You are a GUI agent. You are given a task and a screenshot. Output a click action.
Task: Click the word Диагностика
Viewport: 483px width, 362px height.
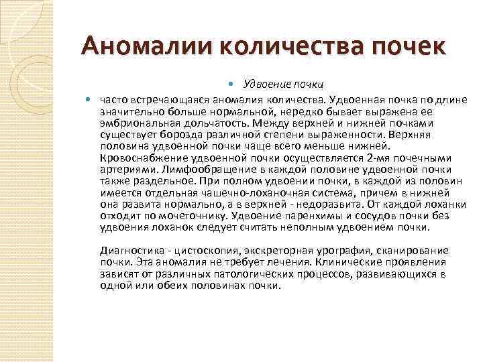pos(125,250)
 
